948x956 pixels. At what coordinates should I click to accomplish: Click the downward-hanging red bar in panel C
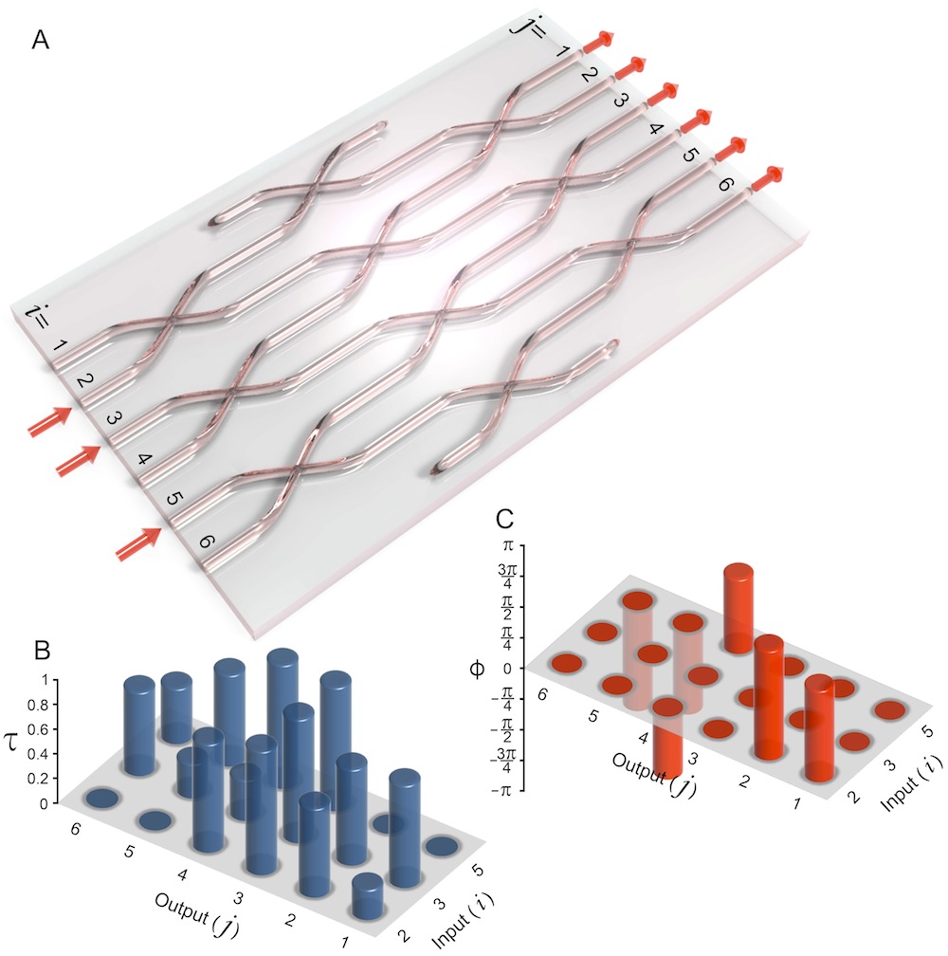[667, 745]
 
